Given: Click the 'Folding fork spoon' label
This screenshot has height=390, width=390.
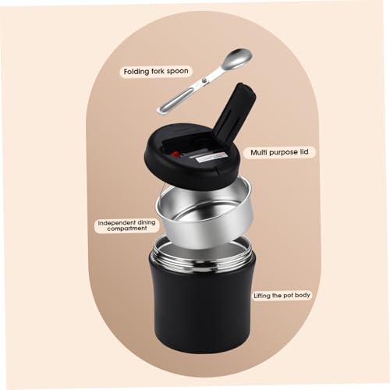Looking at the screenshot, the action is tap(156, 72).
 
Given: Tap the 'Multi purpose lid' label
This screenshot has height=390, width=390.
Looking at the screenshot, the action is tap(279, 152).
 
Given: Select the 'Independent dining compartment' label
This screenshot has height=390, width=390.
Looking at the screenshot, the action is tap(126, 225).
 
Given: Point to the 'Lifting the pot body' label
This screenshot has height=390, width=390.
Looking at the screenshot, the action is tap(282, 296).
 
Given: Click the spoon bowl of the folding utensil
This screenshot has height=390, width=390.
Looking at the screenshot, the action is tap(239, 59).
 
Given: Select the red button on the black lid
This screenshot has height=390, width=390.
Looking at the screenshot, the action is tap(175, 154).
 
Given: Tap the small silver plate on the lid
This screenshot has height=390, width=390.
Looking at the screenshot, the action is tap(210, 157).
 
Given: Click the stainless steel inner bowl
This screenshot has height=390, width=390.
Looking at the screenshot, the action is tap(205, 213).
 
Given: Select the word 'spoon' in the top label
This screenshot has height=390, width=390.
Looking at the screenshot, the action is tap(178, 71).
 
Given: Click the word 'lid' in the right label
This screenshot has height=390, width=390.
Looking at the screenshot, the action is tap(304, 151).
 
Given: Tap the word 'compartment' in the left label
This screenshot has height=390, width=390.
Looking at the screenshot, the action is tap(126, 229).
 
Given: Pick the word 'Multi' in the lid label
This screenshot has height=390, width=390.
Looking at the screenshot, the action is tap(258, 152).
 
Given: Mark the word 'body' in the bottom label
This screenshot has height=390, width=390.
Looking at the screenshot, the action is tap(303, 296).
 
